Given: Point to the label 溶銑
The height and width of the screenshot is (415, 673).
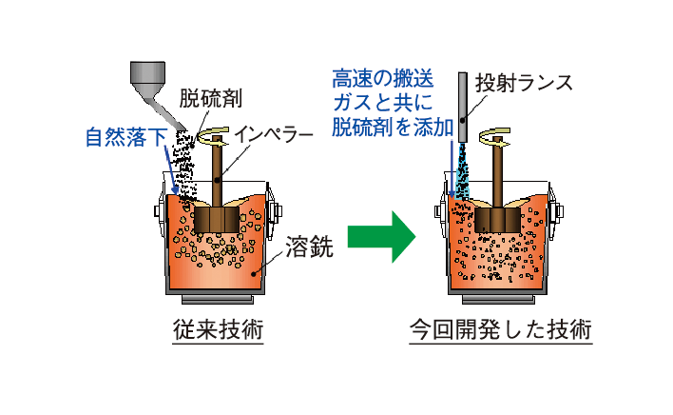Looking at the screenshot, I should pos(309,249).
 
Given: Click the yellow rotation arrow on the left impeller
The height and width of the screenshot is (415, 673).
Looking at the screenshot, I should pos(217,138).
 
